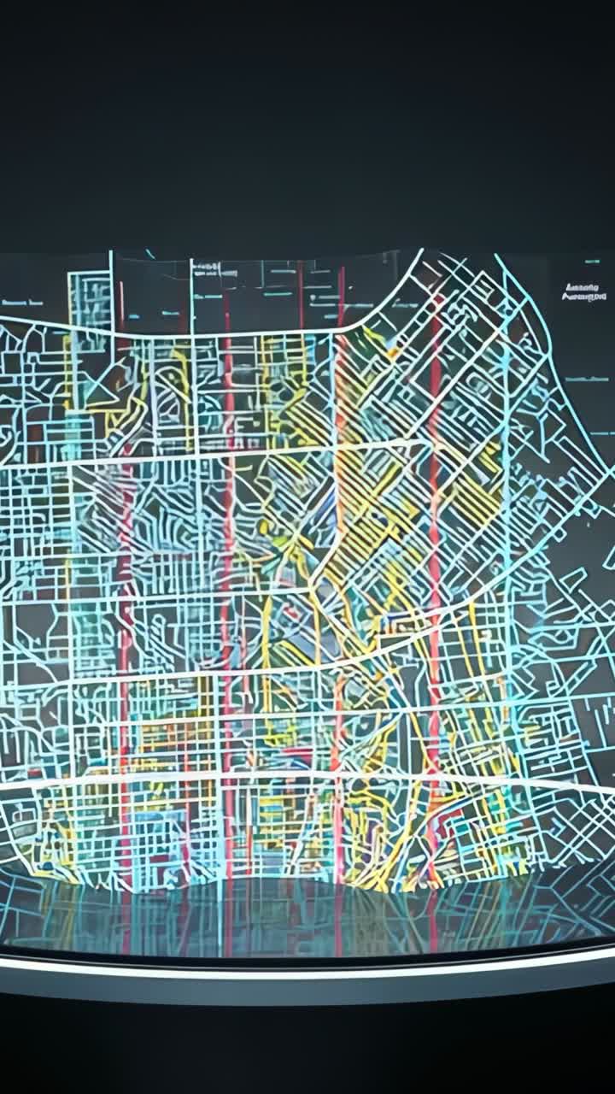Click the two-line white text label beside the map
584,292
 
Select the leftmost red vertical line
126,598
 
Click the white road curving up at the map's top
384,295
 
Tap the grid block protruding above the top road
90,299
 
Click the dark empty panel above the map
307,128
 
